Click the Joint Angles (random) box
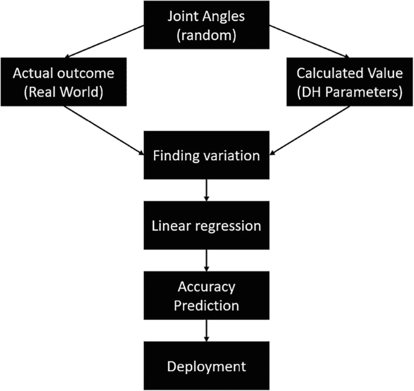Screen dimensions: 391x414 [207, 24]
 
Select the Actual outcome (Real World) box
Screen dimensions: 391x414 [63, 83]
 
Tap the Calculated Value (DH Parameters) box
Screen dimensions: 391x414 [350, 83]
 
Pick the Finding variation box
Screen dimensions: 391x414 [207, 156]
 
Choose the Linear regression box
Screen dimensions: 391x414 [207, 226]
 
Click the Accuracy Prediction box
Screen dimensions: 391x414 [207, 296]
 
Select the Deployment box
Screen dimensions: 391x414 [207, 366]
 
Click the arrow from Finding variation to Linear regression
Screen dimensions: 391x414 [207, 191]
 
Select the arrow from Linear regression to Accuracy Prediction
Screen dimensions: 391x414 [207, 261]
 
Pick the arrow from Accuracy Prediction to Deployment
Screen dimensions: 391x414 [207, 331]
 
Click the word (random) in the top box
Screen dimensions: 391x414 [207, 34]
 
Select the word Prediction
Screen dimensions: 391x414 [207, 306]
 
